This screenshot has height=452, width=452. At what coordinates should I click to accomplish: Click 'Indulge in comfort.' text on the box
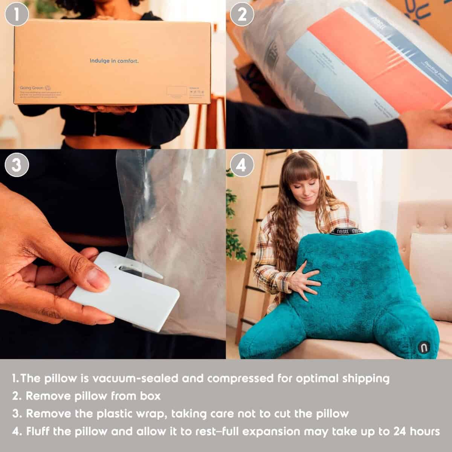[114, 61]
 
